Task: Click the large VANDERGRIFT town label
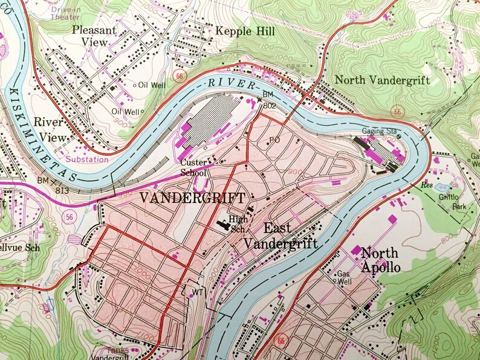tap(193, 198)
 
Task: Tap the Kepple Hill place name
tap(245, 30)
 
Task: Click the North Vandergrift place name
tap(381, 80)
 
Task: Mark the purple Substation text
tap(88, 159)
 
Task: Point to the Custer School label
tap(194, 167)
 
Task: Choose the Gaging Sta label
tap(379, 131)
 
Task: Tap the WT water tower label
tap(197, 292)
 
